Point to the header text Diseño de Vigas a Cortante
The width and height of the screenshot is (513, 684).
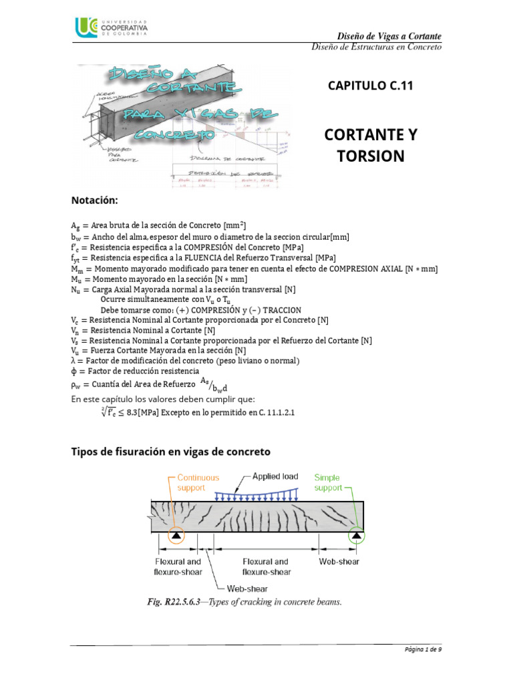387,35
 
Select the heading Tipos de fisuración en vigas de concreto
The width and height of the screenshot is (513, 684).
170,451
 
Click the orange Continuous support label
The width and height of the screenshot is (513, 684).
198,482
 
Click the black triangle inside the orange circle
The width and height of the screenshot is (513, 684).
176,535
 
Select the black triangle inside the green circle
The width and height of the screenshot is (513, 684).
357,535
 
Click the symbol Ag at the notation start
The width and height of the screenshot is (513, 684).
75,226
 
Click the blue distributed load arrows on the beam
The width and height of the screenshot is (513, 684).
257,496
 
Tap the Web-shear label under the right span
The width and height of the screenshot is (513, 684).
339,562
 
